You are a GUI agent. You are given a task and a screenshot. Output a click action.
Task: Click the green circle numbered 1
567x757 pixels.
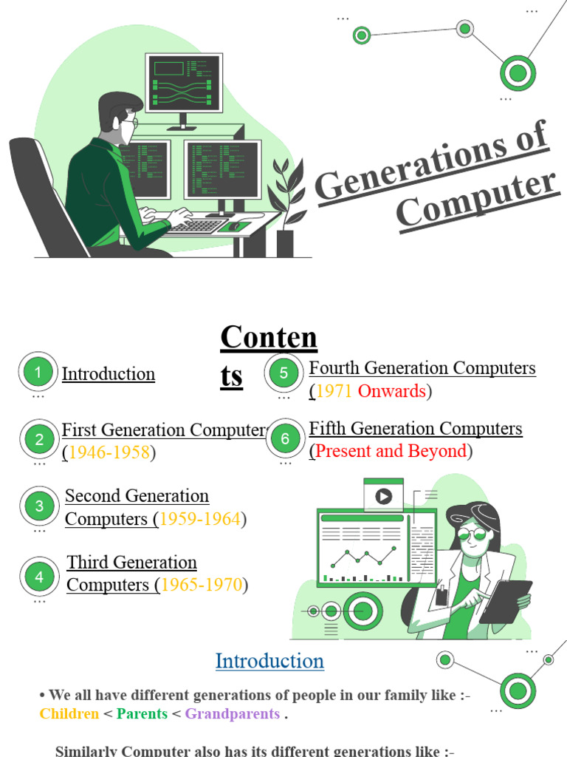pyautogui.click(x=38, y=373)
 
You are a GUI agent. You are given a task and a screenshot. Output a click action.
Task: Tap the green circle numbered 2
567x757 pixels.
pyautogui.click(x=39, y=439)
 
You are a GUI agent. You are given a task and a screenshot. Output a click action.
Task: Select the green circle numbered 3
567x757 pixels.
pyautogui.click(x=39, y=506)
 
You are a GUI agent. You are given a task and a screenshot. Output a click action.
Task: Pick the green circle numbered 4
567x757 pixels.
pyautogui.click(x=39, y=577)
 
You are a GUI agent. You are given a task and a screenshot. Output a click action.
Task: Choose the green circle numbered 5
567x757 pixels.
pyautogui.click(x=283, y=373)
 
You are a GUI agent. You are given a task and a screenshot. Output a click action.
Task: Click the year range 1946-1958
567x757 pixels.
pyautogui.click(x=109, y=452)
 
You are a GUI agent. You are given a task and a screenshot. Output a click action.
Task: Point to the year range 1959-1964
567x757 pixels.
pyautogui.click(x=199, y=519)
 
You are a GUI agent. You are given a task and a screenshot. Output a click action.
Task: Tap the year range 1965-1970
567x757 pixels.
pyautogui.click(x=202, y=585)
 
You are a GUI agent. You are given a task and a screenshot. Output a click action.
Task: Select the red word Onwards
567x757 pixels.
pyautogui.click(x=391, y=391)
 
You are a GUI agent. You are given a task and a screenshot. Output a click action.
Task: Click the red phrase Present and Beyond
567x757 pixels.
pyautogui.click(x=391, y=451)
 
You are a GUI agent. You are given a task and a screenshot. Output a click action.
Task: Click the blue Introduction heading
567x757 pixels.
pyautogui.click(x=269, y=661)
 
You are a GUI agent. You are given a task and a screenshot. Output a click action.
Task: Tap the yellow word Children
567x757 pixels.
pyautogui.click(x=69, y=714)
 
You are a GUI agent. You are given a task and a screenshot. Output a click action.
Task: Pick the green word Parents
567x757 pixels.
pyautogui.click(x=142, y=714)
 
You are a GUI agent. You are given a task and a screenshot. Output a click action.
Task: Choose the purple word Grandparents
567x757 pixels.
pyautogui.click(x=232, y=714)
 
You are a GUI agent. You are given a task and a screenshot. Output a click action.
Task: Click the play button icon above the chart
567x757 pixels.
pyautogui.click(x=383, y=496)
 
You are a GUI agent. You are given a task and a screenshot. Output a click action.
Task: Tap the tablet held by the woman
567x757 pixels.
pyautogui.click(x=506, y=600)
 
